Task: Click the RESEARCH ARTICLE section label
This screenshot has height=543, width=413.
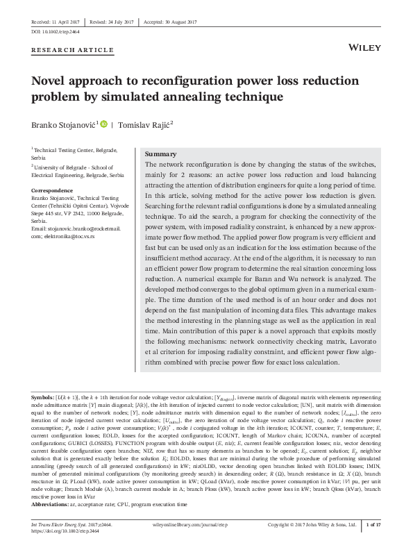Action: click(73, 51)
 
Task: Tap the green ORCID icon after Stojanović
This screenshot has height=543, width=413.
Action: click(105, 124)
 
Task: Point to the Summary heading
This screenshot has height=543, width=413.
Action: click(160, 153)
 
